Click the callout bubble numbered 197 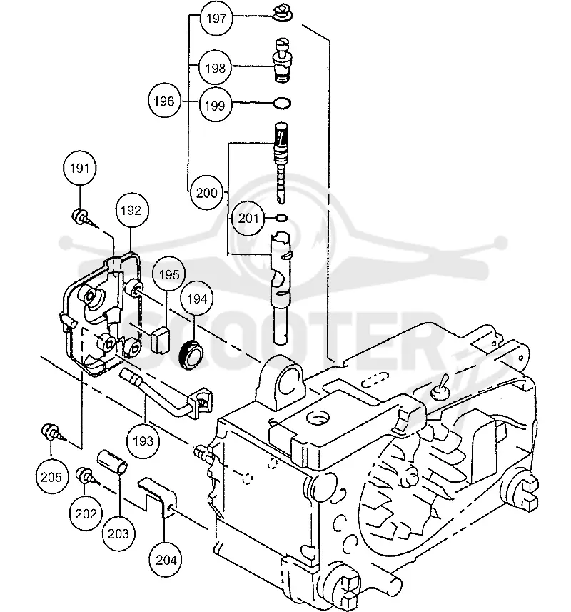[216, 18]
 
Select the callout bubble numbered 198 [215, 68]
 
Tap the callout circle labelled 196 [164, 101]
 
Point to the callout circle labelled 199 [215, 106]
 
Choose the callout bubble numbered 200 [206, 193]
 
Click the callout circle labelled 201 [248, 219]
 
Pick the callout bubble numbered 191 [79, 169]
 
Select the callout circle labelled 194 [197, 299]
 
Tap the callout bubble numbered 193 [143, 441]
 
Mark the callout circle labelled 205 [51, 477]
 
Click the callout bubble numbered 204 [166, 560]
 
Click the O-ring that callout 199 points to [282, 104]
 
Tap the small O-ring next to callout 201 [282, 218]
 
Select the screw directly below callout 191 [82, 217]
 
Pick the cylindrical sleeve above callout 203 [112, 463]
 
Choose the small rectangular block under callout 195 [160, 339]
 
